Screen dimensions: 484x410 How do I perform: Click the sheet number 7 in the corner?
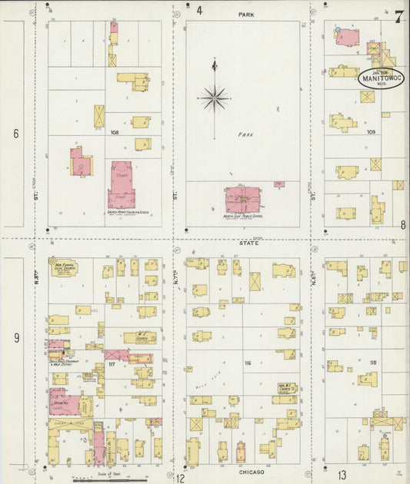point(398,18)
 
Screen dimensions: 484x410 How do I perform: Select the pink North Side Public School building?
point(244,198)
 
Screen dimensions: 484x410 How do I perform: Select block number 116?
point(248,363)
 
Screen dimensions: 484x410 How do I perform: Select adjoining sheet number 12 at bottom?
point(179,477)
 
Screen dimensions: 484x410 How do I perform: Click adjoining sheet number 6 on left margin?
point(15,134)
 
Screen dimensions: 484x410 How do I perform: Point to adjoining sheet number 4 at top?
point(199,11)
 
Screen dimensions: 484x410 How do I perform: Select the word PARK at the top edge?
point(246,15)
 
